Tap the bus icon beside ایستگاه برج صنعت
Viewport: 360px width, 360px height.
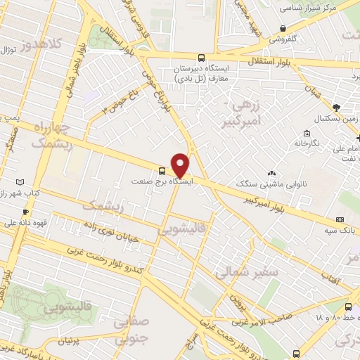pyautogui.click(x=162, y=171)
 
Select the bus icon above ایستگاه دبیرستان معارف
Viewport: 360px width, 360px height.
pyautogui.click(x=202, y=58)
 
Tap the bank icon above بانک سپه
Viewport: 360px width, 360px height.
pyautogui.click(x=344, y=218)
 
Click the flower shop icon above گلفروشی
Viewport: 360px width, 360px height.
pyautogui.click(x=283, y=28)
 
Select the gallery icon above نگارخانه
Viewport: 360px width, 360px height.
pyautogui.click(x=307, y=134)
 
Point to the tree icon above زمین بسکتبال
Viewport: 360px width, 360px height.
pyautogui.click(x=337, y=108)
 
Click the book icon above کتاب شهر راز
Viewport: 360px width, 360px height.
pyautogui.click(x=19, y=181)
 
